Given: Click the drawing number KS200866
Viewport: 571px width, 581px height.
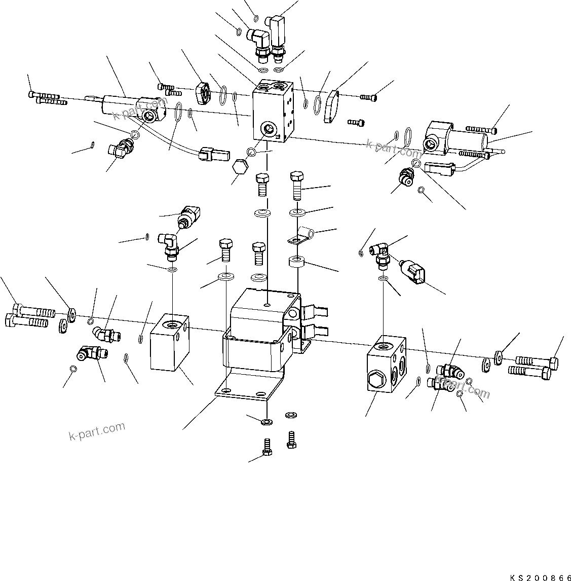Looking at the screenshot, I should [x=540, y=576].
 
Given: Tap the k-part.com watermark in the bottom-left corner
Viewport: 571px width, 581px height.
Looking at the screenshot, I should [x=96, y=431].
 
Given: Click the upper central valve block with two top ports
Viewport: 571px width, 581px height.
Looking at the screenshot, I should [x=274, y=109].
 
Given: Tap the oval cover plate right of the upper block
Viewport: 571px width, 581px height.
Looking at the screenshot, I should [x=332, y=107].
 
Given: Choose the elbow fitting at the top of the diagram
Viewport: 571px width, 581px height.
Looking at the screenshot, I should [x=257, y=41].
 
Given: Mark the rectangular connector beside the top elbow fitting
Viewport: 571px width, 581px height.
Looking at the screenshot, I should [x=279, y=31].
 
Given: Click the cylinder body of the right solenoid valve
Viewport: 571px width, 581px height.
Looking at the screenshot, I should [x=466, y=138].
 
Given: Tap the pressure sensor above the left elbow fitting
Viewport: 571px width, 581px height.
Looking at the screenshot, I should [x=189, y=216].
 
